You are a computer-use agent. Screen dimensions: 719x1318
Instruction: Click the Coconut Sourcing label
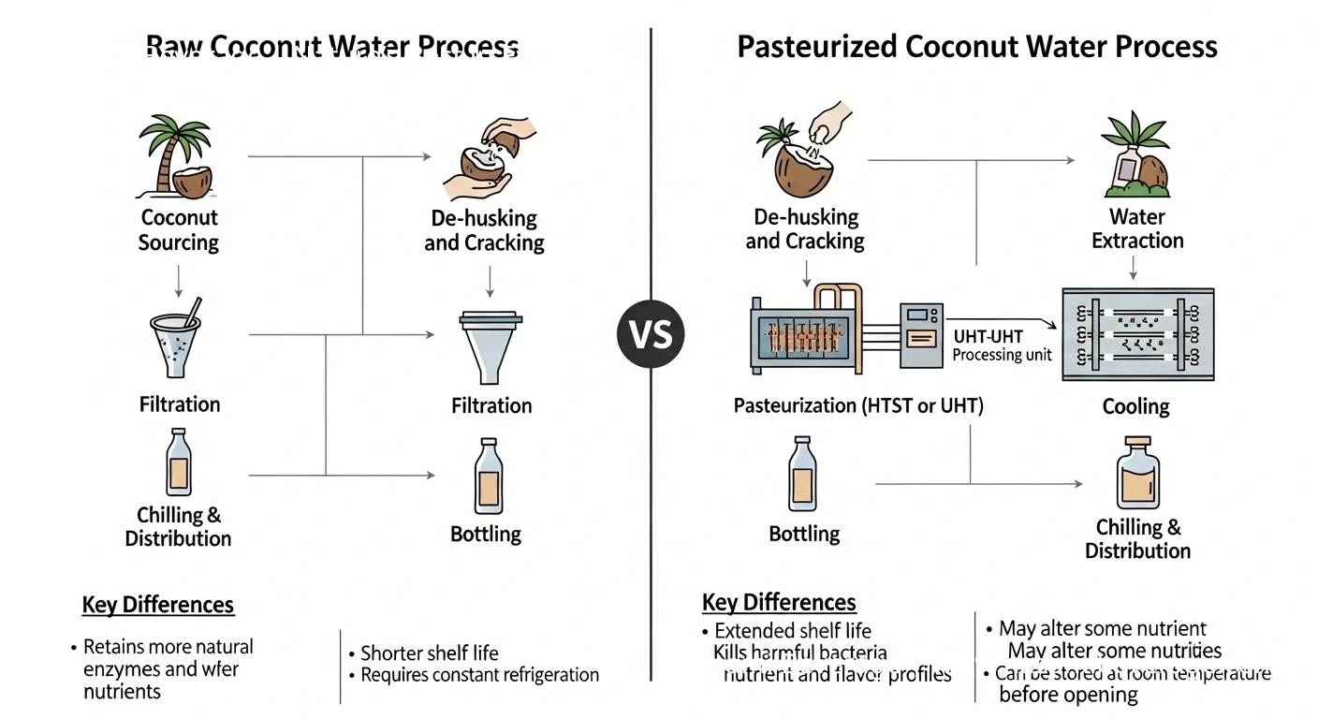[178, 230]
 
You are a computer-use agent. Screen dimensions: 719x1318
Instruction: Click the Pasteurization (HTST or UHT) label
[858, 406]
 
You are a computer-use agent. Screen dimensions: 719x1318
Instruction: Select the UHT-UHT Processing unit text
[1002, 345]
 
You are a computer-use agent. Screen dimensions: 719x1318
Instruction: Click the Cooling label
[1136, 406]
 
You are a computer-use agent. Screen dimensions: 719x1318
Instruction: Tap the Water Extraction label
[1137, 229]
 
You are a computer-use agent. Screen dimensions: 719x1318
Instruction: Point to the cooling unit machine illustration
[1137, 333]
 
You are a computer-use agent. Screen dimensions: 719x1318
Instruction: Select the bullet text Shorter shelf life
[429, 653]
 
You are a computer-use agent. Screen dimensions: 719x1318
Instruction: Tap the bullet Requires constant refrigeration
[479, 674]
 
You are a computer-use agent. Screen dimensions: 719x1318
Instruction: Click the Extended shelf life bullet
[793, 630]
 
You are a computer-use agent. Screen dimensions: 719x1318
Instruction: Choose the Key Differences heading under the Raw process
[158, 605]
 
